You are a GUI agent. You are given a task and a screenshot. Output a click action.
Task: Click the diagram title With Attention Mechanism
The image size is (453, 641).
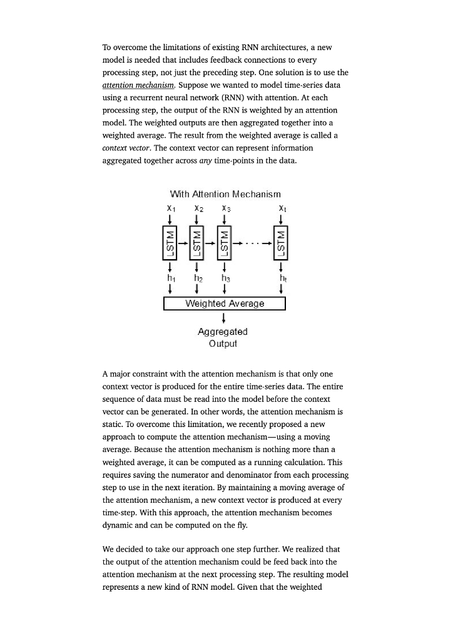click(225, 195)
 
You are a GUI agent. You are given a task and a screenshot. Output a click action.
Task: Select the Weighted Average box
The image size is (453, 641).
click(225, 304)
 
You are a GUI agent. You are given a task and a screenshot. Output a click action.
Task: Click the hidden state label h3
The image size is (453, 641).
click(225, 277)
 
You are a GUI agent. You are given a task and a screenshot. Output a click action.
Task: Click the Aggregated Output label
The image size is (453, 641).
click(223, 337)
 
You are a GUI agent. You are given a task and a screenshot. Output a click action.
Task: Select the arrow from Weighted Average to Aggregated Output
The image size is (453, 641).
click(224, 317)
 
